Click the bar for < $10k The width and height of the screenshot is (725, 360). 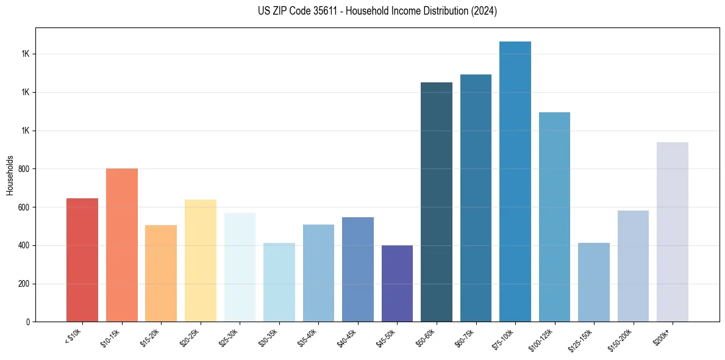coord(82,260)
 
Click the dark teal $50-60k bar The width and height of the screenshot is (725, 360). coord(437,202)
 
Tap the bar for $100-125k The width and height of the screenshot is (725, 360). coord(554,217)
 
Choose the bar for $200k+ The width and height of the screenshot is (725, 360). coord(673,232)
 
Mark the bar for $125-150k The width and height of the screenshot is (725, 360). coord(594,283)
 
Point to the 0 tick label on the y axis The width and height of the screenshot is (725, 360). coord(28,322)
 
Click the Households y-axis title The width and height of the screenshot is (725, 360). coord(10,175)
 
